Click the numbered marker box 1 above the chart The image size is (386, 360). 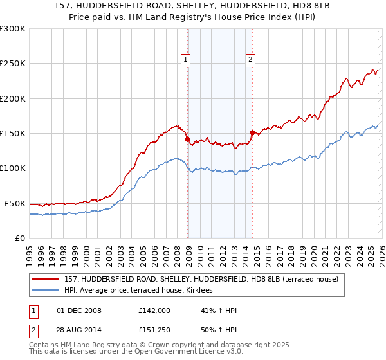185,60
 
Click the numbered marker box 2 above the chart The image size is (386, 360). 250,60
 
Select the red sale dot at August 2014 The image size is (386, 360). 252,132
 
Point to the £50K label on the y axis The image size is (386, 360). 15,203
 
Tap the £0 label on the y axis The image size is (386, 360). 19,238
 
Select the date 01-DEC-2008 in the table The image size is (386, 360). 79,310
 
